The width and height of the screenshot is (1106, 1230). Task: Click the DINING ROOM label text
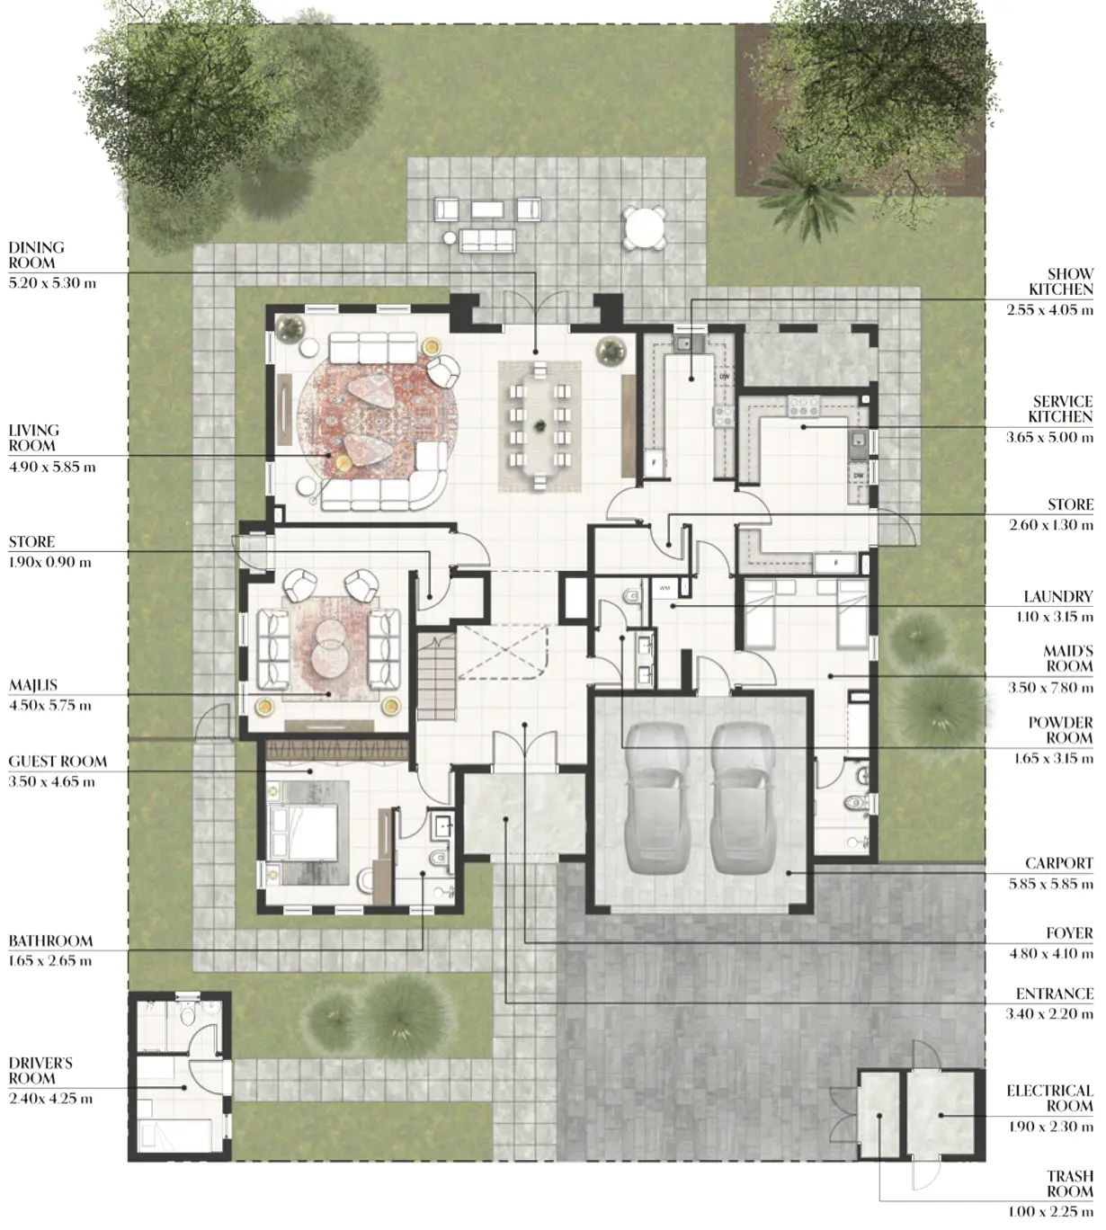(36, 255)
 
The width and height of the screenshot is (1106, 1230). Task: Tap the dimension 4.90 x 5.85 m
(52, 468)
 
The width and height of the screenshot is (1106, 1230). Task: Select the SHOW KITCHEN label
(1061, 281)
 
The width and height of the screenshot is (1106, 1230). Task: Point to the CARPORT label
(1059, 863)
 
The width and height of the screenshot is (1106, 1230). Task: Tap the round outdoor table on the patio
(644, 227)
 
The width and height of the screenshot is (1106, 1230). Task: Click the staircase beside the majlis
(437, 678)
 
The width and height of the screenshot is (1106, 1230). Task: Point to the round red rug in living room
(378, 418)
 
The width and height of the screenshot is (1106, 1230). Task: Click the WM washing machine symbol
(664, 588)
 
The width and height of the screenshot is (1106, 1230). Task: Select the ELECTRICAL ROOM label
(1050, 1098)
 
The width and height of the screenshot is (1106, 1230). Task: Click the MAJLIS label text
(32, 685)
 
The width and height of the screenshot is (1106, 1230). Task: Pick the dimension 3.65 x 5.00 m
(1049, 438)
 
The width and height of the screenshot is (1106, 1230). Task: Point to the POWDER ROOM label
(1061, 730)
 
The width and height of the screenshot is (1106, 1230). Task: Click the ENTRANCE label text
(1055, 994)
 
